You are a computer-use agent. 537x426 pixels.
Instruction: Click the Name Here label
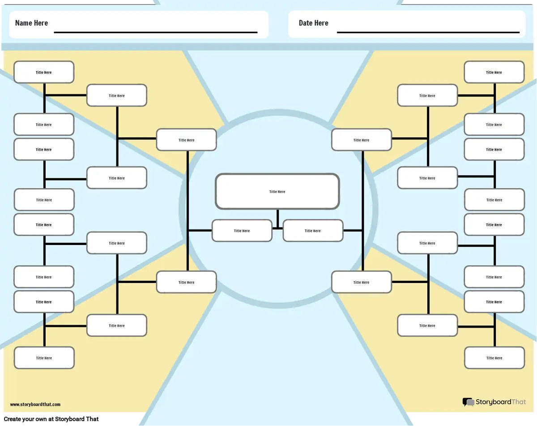[x=31, y=23]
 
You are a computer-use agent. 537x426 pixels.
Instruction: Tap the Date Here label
[x=313, y=23]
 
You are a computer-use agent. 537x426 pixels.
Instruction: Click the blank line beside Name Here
[x=155, y=32]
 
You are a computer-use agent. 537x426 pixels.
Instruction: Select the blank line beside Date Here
[x=428, y=32]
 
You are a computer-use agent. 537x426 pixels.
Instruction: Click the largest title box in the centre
[x=277, y=191]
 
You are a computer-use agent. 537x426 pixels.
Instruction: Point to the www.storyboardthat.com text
[x=35, y=405]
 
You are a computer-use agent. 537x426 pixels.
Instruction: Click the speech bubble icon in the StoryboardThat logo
[x=468, y=402]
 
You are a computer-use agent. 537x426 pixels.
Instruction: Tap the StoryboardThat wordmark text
[x=500, y=402]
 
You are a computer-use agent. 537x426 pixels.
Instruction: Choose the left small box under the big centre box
[x=242, y=231]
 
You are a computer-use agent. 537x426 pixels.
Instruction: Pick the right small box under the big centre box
[x=313, y=231]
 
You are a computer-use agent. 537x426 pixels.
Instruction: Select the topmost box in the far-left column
[x=44, y=72]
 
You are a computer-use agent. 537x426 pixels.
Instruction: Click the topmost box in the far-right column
[x=494, y=72]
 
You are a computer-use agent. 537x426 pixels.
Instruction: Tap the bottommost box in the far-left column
[x=44, y=358]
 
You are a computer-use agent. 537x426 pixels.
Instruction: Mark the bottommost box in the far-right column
[x=494, y=358]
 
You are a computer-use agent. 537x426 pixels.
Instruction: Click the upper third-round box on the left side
[x=186, y=140]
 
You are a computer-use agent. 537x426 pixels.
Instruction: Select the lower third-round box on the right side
[x=361, y=283]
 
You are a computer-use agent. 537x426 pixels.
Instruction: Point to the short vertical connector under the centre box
[x=277, y=219]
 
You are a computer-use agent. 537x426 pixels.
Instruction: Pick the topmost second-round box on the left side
[x=116, y=96]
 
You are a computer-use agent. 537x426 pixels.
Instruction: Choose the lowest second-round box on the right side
[x=427, y=325]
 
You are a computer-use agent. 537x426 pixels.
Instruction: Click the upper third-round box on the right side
[x=361, y=140]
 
